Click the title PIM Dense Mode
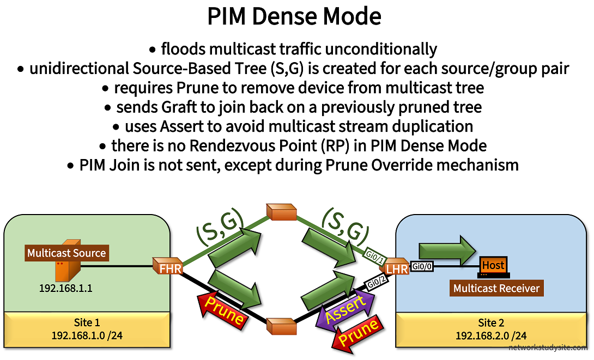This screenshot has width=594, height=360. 294,17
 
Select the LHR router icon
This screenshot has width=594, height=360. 396,267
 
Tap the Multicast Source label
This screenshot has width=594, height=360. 66,253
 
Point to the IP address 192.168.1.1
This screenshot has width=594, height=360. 65,288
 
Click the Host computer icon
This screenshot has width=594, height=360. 493,265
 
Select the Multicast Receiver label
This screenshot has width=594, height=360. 496,288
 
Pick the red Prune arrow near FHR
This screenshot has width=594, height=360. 221,310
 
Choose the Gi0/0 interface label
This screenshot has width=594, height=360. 422,266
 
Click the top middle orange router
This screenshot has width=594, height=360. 281,211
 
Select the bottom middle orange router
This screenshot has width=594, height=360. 281,327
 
